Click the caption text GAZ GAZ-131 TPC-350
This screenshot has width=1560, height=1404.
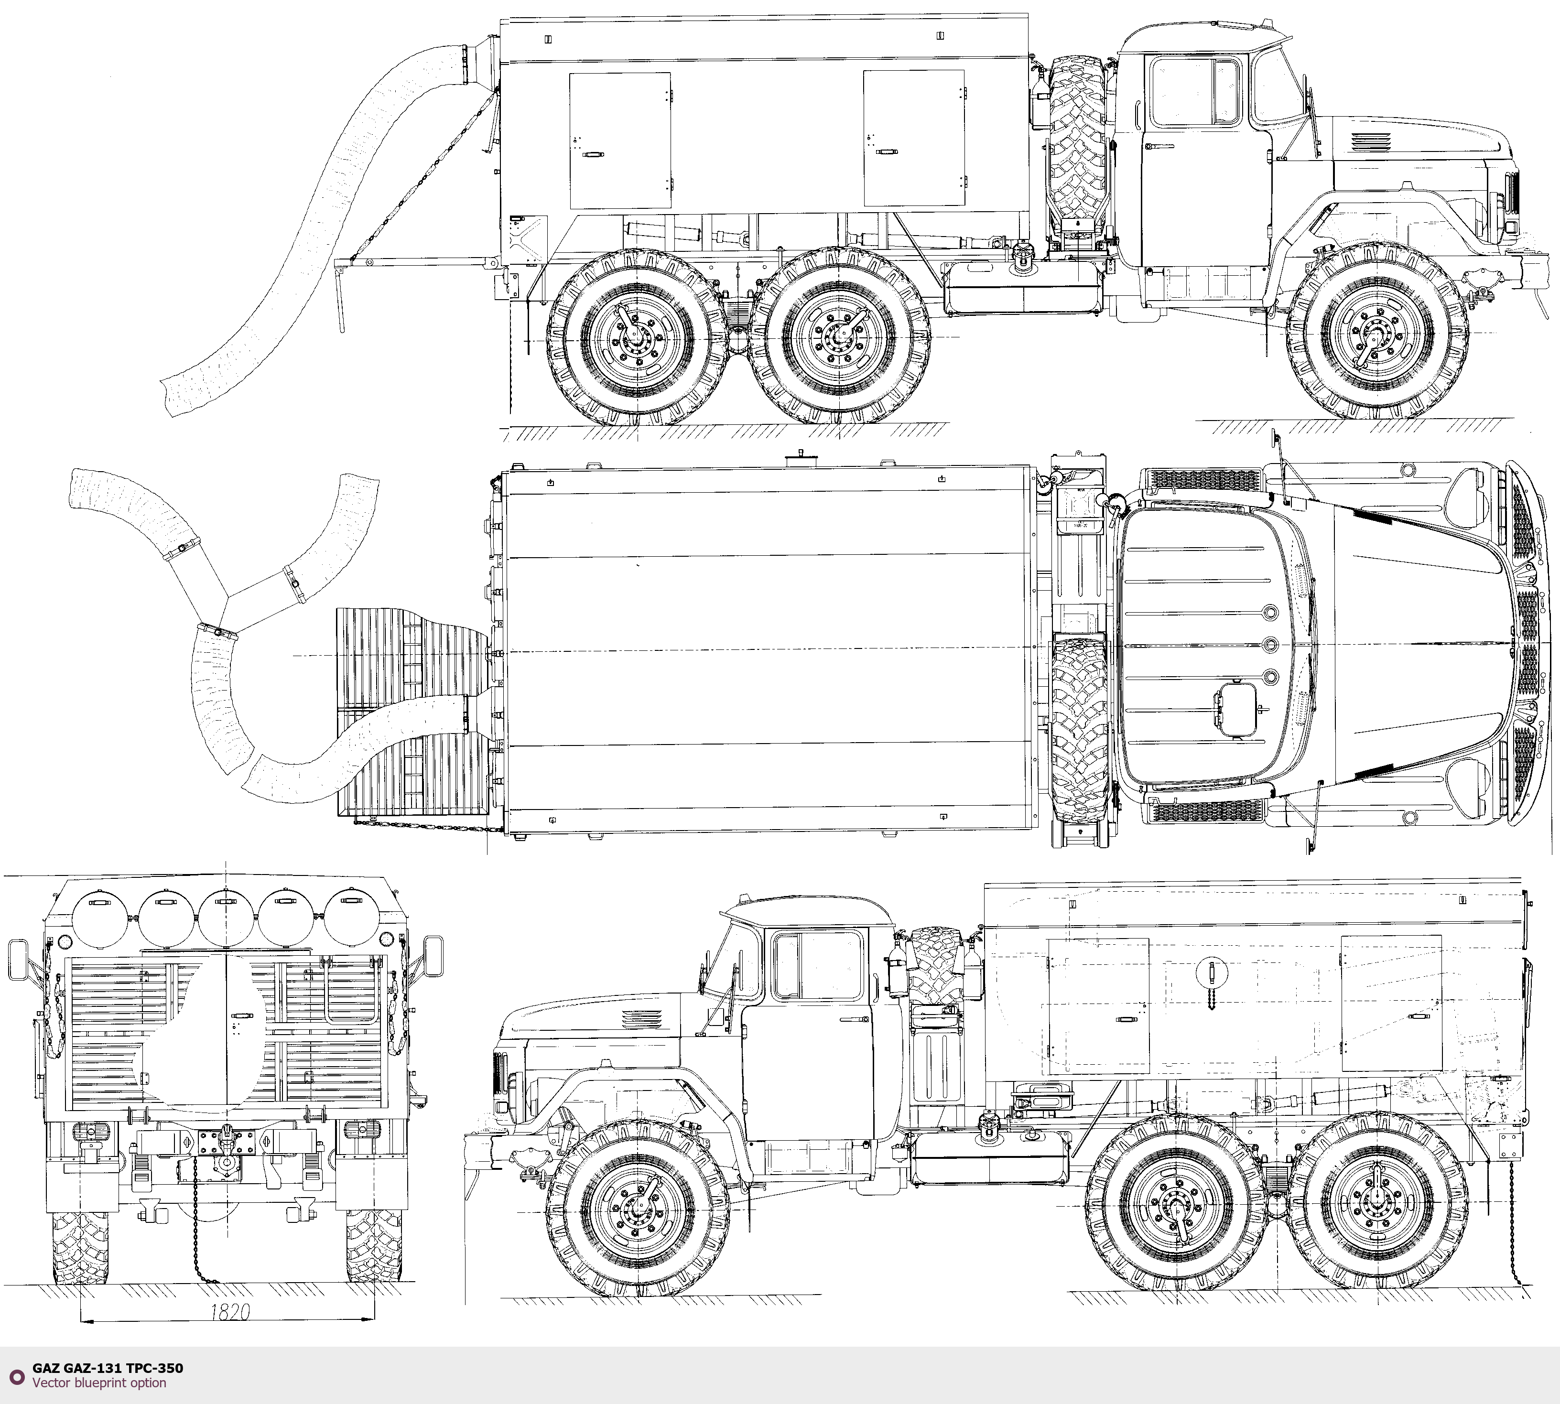108,1368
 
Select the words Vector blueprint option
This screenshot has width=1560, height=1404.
99,1382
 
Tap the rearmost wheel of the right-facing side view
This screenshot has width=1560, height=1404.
637,338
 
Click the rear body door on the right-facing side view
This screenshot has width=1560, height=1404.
620,141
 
